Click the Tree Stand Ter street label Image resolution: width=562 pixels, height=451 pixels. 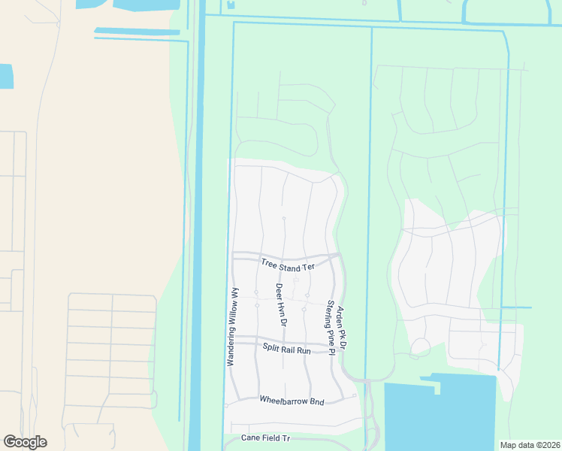288,265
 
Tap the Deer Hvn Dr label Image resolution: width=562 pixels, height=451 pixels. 280,304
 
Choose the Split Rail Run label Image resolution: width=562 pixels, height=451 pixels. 287,349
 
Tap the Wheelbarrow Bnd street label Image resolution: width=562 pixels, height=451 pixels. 292,401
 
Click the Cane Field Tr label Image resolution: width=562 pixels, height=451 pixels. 265,437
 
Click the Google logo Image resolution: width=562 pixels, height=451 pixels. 25,442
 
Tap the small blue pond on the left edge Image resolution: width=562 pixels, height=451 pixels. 6,76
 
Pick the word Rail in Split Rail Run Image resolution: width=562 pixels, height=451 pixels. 288,349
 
